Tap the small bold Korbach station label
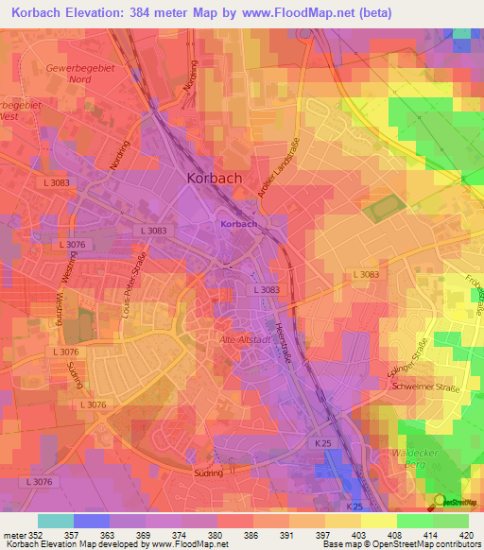click(x=238, y=224)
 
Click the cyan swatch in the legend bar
click(x=56, y=520)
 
